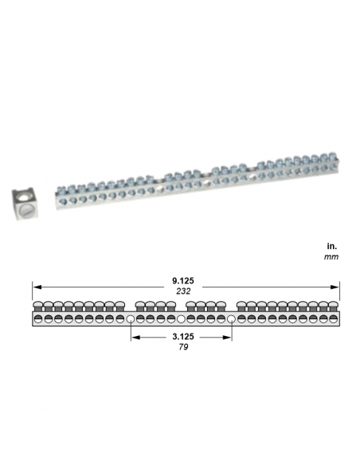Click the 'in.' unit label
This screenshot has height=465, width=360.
pyautogui.click(x=332, y=246)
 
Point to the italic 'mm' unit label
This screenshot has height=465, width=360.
pyautogui.click(x=331, y=257)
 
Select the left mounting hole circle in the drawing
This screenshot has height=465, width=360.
pyautogui.click(x=131, y=319)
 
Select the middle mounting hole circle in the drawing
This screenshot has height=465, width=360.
pyautogui.click(x=182, y=319)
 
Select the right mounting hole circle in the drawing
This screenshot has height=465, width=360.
pyautogui.click(x=232, y=319)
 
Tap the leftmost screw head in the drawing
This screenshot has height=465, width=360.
pyautogui.click(x=37, y=306)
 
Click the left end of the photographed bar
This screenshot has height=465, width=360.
pyautogui.click(x=56, y=194)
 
